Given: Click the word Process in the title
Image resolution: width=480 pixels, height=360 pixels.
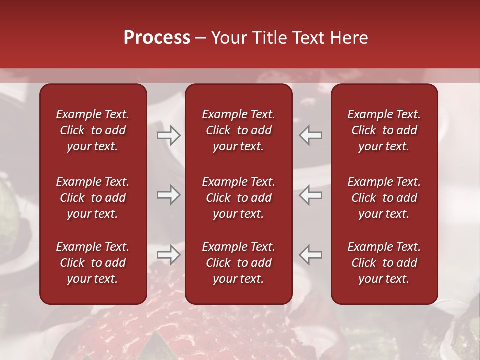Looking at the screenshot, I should coord(157,38).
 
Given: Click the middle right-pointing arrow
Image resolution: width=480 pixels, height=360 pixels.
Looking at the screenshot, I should coord(169,195).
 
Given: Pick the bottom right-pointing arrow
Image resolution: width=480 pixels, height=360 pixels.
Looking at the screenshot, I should coord(169,254).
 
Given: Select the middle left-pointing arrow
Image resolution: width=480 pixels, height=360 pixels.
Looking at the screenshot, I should coord(311,195).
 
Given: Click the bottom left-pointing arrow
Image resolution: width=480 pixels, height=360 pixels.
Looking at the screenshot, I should coord(311,254).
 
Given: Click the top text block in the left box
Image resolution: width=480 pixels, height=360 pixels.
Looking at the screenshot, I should coord(93,130).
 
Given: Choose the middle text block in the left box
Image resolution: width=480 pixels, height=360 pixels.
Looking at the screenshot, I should coord(93,198).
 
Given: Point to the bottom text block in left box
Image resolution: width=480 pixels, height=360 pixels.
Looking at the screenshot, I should coord(93,263).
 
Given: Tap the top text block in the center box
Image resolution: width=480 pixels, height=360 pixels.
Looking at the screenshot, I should coord(238,130).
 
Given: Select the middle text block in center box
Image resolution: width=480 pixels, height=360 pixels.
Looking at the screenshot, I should coord(238,198).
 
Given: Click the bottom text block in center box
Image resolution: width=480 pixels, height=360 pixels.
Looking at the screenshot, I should coord(238,263).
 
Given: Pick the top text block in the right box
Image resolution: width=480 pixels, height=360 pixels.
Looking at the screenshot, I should coord(384,130).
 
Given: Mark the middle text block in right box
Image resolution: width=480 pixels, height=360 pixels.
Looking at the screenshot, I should coord(384,198).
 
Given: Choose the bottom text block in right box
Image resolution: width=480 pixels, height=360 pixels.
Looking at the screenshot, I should coord(384,263).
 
